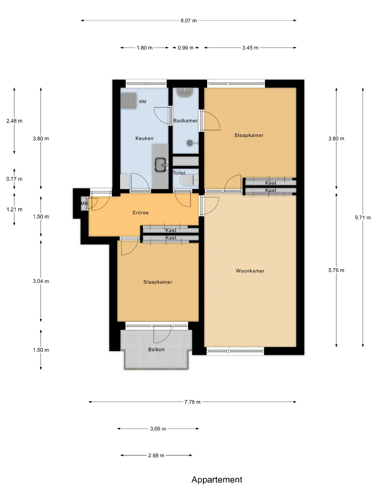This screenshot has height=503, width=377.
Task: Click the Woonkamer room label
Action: (250, 271)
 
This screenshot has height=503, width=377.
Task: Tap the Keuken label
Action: (144, 138)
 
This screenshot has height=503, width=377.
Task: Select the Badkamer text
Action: (185, 121)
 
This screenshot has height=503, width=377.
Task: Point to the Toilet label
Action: (179, 173)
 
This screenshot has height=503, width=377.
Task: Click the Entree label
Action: (141, 212)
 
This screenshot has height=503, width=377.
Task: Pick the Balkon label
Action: (156, 349)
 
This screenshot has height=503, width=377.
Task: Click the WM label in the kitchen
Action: (143, 102)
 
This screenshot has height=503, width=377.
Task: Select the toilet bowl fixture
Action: (189, 181)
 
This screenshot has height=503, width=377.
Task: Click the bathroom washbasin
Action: (185, 93)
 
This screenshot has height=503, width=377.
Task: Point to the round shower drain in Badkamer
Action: (190, 143)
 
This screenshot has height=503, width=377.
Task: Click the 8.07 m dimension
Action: (188, 20)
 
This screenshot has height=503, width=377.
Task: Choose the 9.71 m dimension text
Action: (363, 218)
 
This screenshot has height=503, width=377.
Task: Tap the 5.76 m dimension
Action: (337, 270)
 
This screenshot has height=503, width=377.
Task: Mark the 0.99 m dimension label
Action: (186, 48)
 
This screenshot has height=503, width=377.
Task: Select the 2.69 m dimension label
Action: (156, 455)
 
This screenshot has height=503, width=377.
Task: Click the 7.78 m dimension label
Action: (192, 402)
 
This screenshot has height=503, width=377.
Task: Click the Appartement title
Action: (217, 480)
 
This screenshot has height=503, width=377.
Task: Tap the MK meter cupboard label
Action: (84, 204)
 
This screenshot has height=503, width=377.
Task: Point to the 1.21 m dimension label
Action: (14, 210)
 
